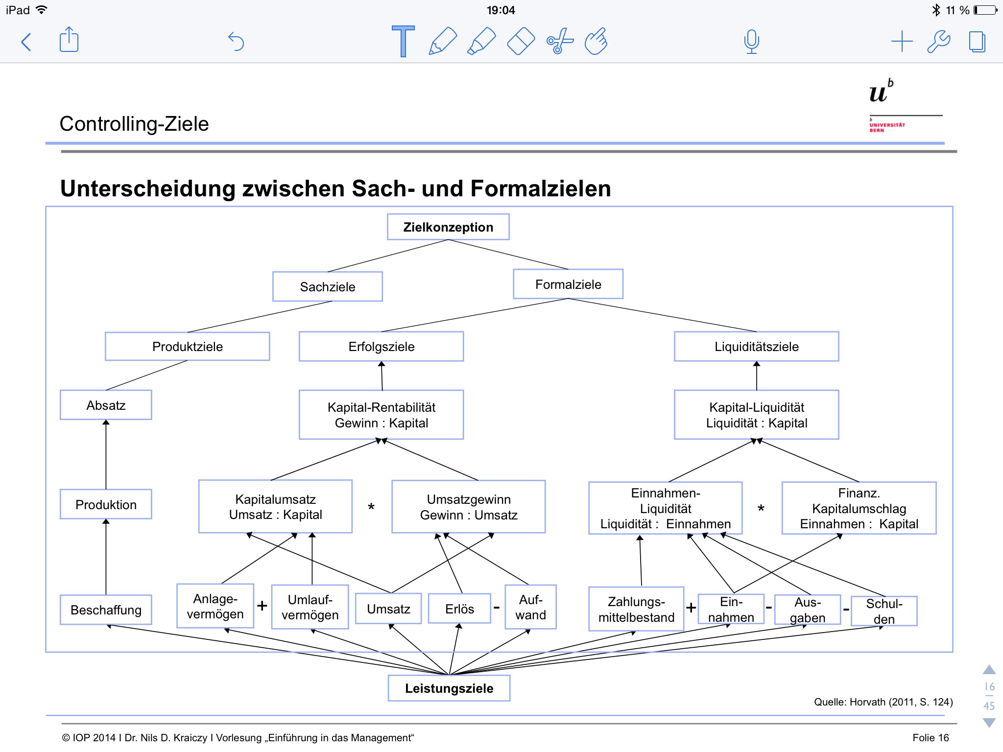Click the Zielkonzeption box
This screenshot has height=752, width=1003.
point(448,227)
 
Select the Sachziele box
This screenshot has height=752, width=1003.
point(327,286)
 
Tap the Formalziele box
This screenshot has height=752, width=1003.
point(568,284)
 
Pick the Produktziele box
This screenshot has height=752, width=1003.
point(187,347)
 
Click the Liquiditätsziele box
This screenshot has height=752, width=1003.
point(756,347)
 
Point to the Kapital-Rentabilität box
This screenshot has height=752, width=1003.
point(381,415)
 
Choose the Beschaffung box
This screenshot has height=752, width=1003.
point(106,610)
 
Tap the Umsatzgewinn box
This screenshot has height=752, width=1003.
point(468,507)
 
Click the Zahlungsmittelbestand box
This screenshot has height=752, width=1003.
point(636,609)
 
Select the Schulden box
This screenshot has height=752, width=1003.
point(884,611)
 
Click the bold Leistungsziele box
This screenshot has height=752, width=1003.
point(449,688)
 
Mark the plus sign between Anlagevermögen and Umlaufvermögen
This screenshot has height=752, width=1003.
point(263,606)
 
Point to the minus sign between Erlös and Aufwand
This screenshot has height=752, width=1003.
point(497,608)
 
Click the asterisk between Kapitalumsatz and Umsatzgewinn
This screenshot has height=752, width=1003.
point(371,507)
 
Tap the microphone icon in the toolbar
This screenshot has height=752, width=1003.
point(751,42)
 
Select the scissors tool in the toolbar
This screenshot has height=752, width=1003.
point(559,42)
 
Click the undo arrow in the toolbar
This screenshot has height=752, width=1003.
point(236,42)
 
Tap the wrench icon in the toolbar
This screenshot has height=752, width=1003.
point(938,42)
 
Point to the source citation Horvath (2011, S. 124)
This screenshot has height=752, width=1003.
point(883,702)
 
